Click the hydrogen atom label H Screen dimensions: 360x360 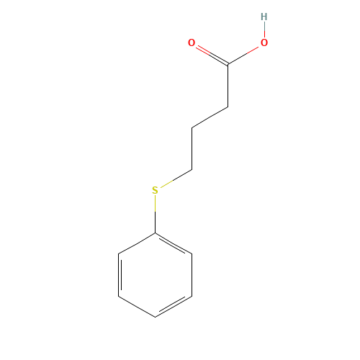pos(264,17)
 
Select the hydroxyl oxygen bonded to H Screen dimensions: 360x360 pos(264,42)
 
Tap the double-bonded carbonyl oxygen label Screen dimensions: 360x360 pos(192,42)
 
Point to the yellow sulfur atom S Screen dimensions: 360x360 pos(155,190)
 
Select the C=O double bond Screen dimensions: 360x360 pos(212,55)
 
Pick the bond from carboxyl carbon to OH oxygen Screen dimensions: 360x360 pos(243,55)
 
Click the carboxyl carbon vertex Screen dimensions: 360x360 pos(228,64)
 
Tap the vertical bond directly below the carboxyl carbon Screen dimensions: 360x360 pos(228,85)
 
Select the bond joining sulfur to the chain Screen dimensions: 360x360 pos(176,179)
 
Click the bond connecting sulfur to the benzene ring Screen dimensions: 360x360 pos(155,214)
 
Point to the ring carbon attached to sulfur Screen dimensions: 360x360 pos(155,233)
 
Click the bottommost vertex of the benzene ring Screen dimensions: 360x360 pos(155,318)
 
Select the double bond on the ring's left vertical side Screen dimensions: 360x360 pos(120,275)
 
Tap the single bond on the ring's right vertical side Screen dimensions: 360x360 pos(192,275)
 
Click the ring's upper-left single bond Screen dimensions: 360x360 pos(137,243)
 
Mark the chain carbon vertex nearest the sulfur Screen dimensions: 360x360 pos(192,170)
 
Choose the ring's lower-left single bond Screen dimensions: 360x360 pos(137,307)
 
